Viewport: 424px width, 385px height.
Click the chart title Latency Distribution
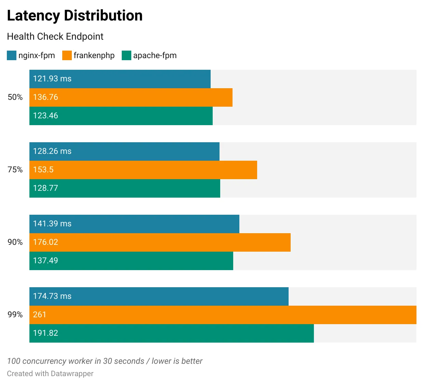pyautogui.click(x=75, y=16)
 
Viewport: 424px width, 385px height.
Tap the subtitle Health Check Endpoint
pyautogui.click(x=55, y=37)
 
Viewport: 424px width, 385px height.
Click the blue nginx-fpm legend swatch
pyautogui.click(x=12, y=55)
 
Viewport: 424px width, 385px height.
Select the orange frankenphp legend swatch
pyautogui.click(x=67, y=55)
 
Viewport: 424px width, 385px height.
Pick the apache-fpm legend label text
pyautogui.click(x=155, y=55)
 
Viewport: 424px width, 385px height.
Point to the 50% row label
pyautogui.click(x=15, y=97)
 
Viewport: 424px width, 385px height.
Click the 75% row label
pyautogui.click(x=15, y=170)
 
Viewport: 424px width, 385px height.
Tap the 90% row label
pyautogui.click(x=15, y=242)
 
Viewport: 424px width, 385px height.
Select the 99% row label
pyautogui.click(x=15, y=315)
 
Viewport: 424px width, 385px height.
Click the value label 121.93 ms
pyautogui.click(x=52, y=79)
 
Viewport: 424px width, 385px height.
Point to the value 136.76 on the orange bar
pyautogui.click(x=45, y=97)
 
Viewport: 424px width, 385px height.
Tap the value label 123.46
pyautogui.click(x=45, y=116)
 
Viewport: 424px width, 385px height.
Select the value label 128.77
pyautogui.click(x=45, y=188)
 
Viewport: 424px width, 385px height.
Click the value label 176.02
pyautogui.click(x=45, y=242)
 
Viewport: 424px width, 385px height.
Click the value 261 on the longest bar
pyautogui.click(x=39, y=315)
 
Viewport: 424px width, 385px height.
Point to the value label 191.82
pyautogui.click(x=45, y=333)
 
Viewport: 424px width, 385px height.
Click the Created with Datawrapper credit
pyautogui.click(x=50, y=374)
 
